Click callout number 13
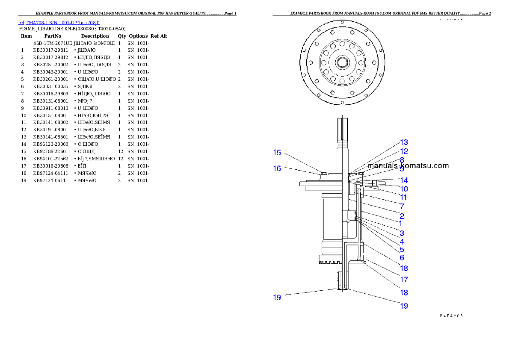[x=404, y=142]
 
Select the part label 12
[x=404, y=151]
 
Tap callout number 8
[x=402, y=160]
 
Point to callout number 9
[x=402, y=169]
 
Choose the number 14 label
[x=404, y=180]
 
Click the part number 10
[x=404, y=189]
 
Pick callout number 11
[x=403, y=198]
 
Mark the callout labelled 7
[x=402, y=207]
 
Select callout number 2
[x=402, y=216]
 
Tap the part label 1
[x=400, y=223]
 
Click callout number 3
[x=402, y=233]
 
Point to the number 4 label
[x=402, y=242]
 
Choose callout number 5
[x=402, y=250]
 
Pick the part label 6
[x=402, y=258]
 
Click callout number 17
[x=404, y=280]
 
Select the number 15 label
[x=277, y=153]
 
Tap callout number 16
[x=277, y=169]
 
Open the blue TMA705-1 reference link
[x=59, y=23]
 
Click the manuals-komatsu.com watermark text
[x=408, y=165]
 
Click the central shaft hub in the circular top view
[x=343, y=63]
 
